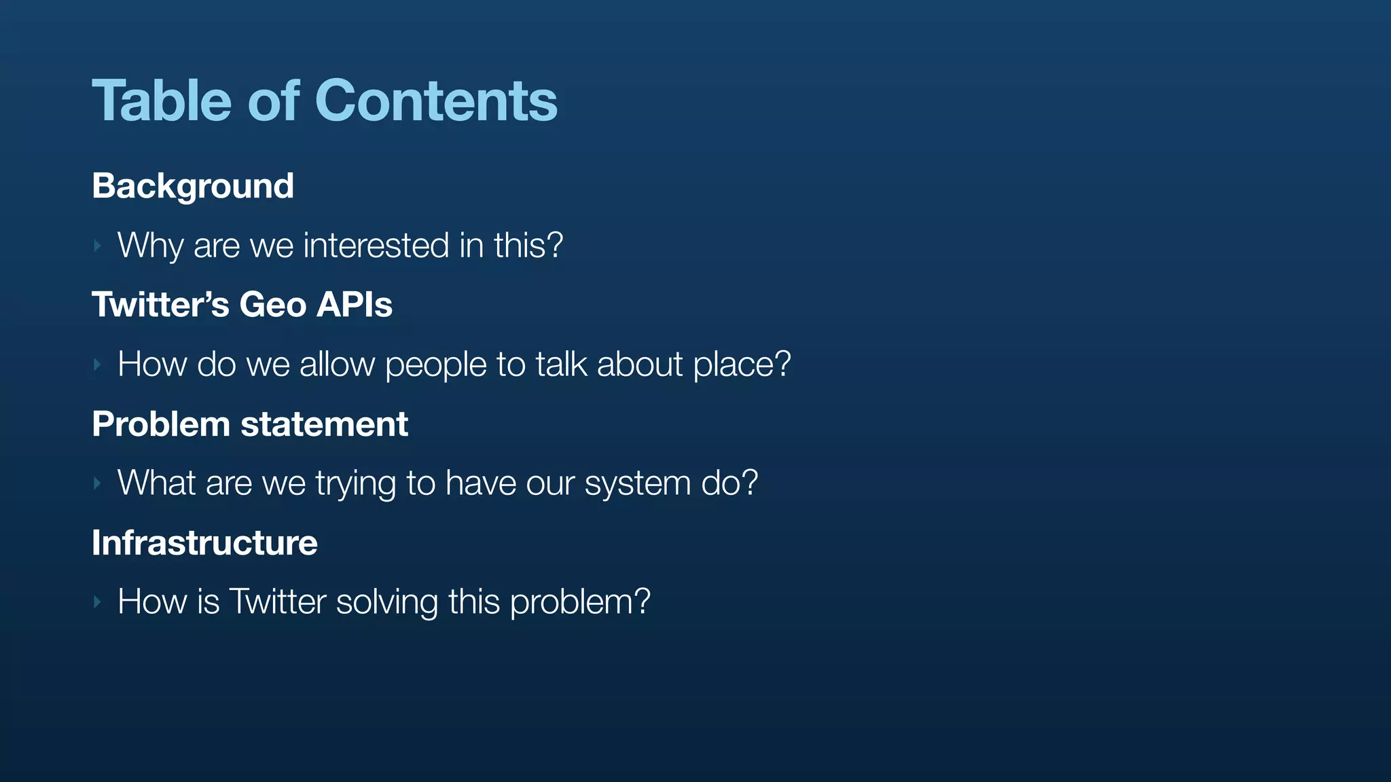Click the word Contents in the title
(x=435, y=101)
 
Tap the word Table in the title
(x=161, y=101)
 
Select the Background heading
(x=193, y=186)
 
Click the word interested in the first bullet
(x=376, y=245)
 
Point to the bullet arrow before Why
(x=98, y=246)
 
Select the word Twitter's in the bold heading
(x=160, y=305)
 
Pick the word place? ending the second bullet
(x=742, y=365)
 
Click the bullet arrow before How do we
(x=98, y=365)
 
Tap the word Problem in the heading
(x=161, y=424)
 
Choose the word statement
(x=324, y=424)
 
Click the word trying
(x=355, y=483)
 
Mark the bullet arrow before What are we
(x=98, y=484)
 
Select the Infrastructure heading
(x=204, y=543)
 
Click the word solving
(x=386, y=602)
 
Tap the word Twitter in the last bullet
(x=278, y=602)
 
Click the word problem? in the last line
(x=580, y=602)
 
